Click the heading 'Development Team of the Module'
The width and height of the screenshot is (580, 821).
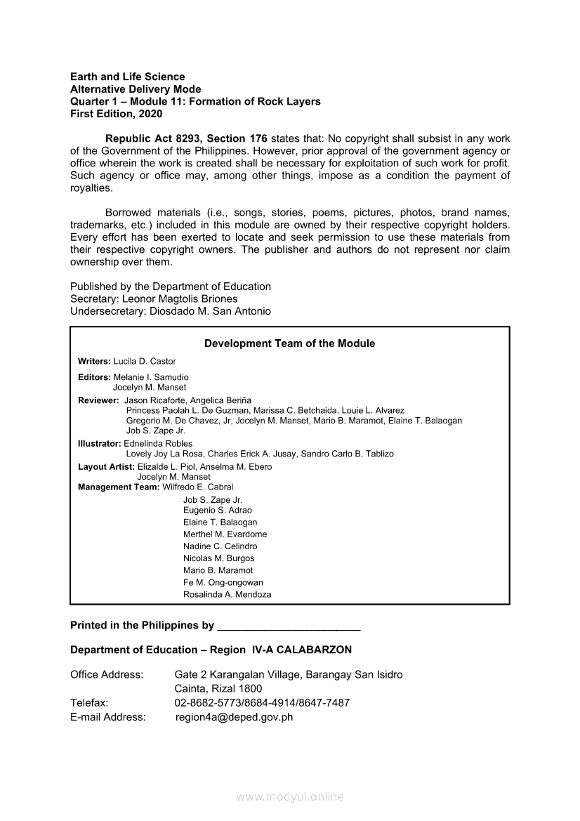tap(289, 343)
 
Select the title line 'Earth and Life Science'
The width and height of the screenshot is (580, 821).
tap(128, 77)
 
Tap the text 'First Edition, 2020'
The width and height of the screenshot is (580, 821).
tap(116, 114)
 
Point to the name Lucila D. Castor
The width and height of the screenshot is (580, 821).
tap(145, 361)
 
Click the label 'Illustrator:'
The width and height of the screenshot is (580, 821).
tap(99, 444)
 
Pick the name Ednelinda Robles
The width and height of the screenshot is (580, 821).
tap(158, 444)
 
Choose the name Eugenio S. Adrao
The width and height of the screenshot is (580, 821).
tap(217, 511)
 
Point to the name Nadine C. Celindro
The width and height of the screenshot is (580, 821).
tap(220, 546)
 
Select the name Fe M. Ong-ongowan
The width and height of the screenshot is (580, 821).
tap(223, 582)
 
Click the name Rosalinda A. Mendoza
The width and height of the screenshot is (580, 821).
tap(227, 594)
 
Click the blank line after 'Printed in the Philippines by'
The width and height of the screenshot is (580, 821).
tap(289, 626)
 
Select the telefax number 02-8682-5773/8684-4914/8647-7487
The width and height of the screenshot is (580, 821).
tap(262, 702)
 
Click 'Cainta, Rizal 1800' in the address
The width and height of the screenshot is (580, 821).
tap(218, 688)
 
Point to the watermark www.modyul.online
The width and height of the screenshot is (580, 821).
tap(290, 797)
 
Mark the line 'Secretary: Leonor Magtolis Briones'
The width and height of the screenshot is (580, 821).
tap(154, 298)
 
